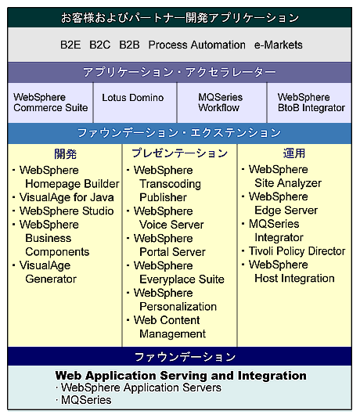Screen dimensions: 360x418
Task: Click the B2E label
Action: pos(70,45)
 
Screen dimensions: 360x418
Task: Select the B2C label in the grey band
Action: pos(99,45)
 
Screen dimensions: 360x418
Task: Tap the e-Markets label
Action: pos(278,45)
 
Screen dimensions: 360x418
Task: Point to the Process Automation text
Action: pos(197,45)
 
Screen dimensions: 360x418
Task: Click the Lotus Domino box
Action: pos(135,103)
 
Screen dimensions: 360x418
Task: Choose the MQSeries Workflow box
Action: pos(221,103)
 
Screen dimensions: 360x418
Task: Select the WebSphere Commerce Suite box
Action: pos(50,103)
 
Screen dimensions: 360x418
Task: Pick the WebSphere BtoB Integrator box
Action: pos(309,103)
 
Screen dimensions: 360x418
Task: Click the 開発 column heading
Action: pos(65,154)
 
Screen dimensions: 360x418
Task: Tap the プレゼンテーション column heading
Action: pos(179,153)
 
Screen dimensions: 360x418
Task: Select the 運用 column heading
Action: pos(294,153)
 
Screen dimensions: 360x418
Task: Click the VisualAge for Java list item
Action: pos(67,197)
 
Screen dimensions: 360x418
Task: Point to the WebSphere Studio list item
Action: pos(67,211)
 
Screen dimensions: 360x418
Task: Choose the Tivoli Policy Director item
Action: pos(297,251)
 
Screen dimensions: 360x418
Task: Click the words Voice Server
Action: pos(171,225)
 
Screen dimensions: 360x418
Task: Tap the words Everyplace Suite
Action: pos(182,279)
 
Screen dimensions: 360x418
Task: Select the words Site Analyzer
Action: pos(288,183)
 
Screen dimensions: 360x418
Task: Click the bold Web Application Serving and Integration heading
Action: pos(181,376)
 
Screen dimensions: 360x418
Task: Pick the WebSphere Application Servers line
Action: pos(141,388)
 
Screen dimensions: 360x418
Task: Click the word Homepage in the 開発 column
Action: pos(49,184)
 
